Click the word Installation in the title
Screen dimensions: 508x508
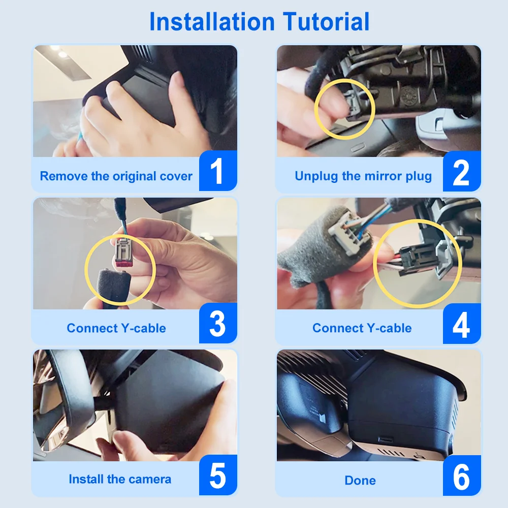pyautogui.click(x=212, y=22)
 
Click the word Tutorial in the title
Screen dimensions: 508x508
pyautogui.click(x=326, y=22)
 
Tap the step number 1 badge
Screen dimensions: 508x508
pyautogui.click(x=218, y=171)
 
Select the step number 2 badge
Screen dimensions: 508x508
pyautogui.click(x=462, y=171)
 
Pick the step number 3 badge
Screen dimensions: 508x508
pyautogui.click(x=218, y=323)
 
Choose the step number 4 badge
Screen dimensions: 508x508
pyautogui.click(x=462, y=324)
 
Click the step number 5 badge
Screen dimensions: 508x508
pyautogui.click(x=218, y=475)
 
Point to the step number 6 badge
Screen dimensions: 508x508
pyautogui.click(x=462, y=475)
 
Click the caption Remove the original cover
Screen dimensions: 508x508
pyautogui.click(x=116, y=176)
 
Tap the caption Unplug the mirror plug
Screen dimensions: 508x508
pyautogui.click(x=363, y=176)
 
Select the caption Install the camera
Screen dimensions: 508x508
pyautogui.click(x=120, y=479)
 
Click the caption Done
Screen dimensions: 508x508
pyautogui.click(x=360, y=481)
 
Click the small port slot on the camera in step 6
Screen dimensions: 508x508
pyautogui.click(x=386, y=440)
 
